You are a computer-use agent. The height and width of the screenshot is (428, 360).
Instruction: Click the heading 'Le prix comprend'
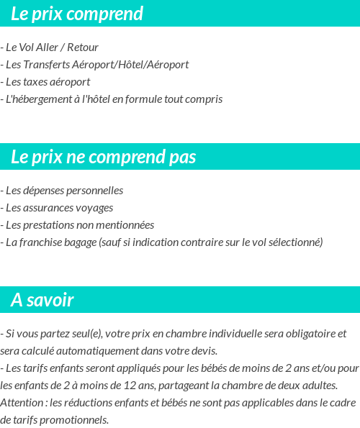[x=77, y=14]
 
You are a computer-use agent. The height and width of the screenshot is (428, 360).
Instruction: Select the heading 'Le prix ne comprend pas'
[x=104, y=157]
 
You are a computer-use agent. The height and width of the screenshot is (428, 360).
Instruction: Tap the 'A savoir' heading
[x=42, y=300]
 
